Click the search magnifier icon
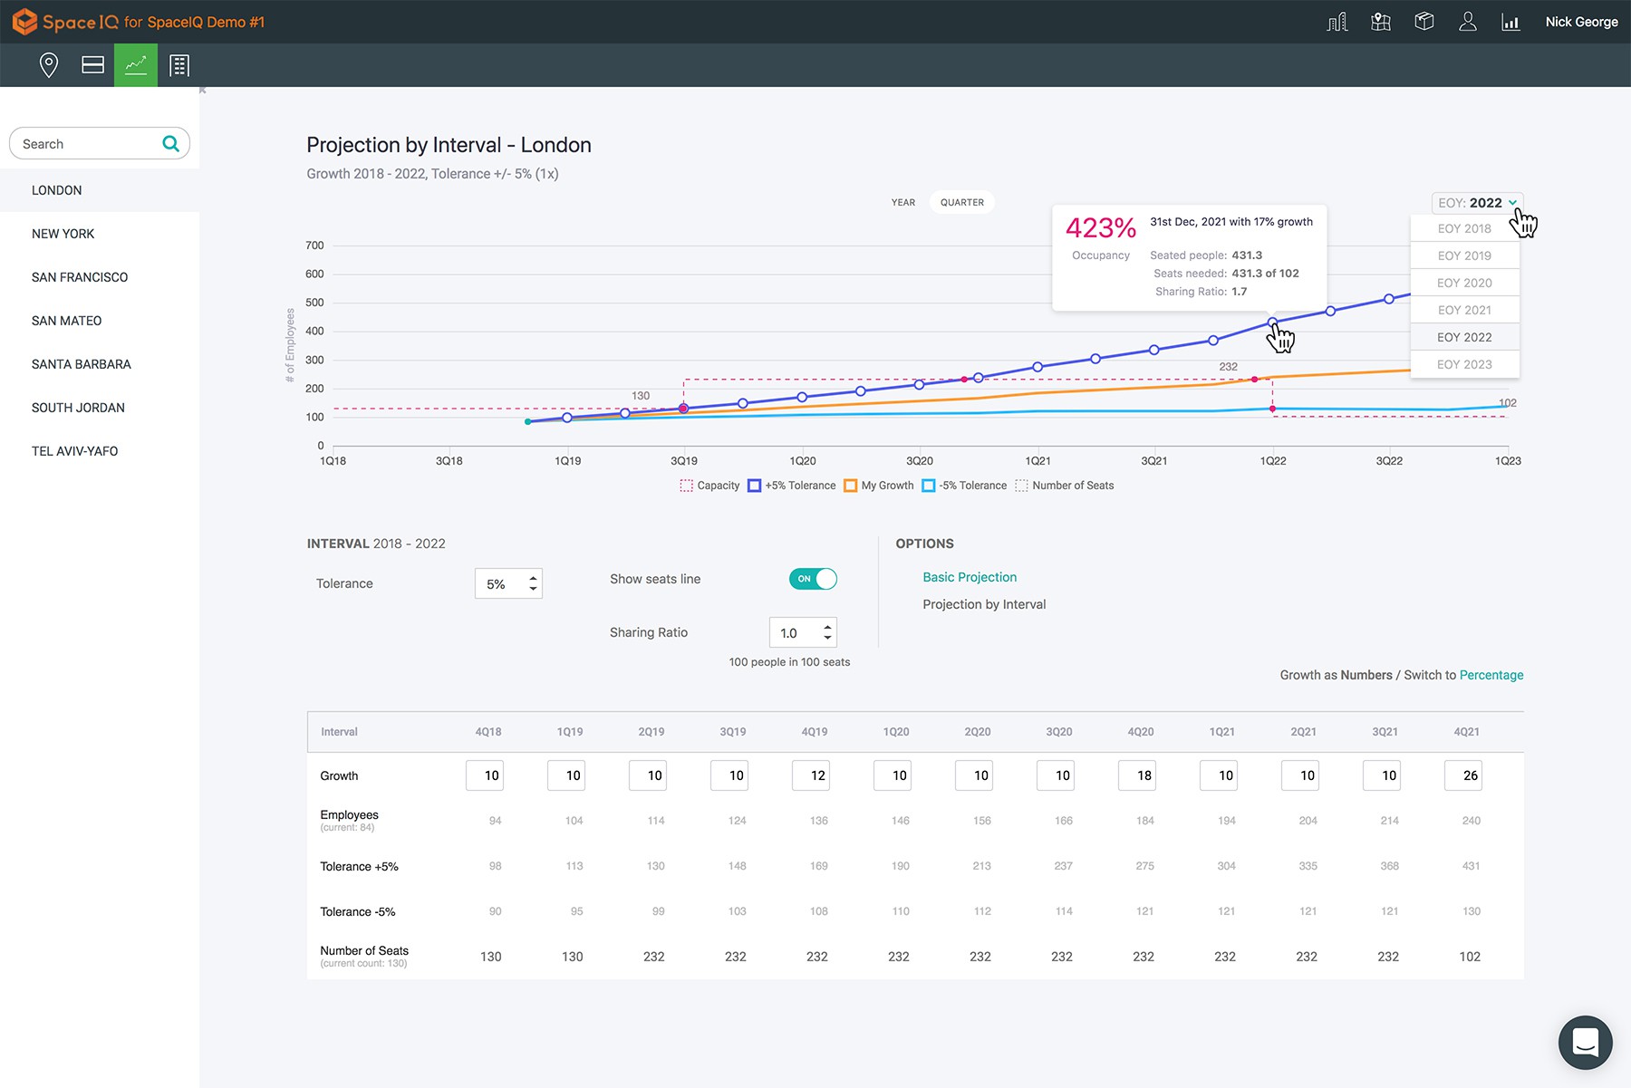pos(170,143)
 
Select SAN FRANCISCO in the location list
pos(80,277)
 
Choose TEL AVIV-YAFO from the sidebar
pos(74,451)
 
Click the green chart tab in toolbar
pos(136,65)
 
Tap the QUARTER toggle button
pos(961,202)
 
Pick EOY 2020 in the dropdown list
pos(1464,283)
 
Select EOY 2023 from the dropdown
pos(1464,364)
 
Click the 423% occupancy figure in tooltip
pos(1100,228)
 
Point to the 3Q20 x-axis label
pos(919,461)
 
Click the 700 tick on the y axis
pos(314,246)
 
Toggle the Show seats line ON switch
pos(813,579)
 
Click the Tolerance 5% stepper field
pos(507,584)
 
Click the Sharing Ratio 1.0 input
pos(802,632)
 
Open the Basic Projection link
pos(970,577)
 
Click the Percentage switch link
pos(1491,675)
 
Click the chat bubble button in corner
pos(1585,1042)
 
